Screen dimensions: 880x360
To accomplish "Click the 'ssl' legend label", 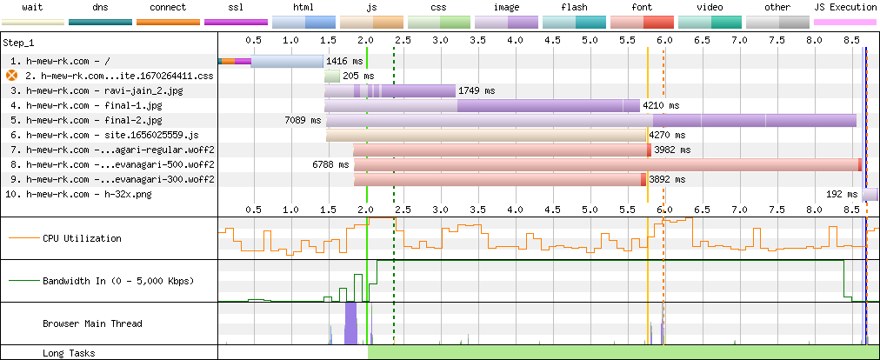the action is (236, 7).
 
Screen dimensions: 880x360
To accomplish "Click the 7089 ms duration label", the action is (303, 120).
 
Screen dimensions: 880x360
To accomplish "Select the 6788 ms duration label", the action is (330, 164).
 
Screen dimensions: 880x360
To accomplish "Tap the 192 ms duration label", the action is (843, 194).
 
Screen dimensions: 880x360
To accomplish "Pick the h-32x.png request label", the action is (78, 194).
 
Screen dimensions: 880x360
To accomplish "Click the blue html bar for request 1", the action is (287, 61).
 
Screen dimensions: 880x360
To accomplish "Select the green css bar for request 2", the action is (332, 76).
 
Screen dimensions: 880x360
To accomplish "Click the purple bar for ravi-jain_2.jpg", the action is (390, 90).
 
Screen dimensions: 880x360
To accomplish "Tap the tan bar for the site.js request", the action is (486, 135).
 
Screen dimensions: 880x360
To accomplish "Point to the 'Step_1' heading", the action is (18, 43).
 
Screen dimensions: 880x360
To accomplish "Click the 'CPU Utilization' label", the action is (82, 238).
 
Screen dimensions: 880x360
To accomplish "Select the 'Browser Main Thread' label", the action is (92, 323).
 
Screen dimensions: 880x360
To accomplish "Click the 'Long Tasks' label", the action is (69, 353).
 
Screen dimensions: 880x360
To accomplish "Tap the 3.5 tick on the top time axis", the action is (477, 41).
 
